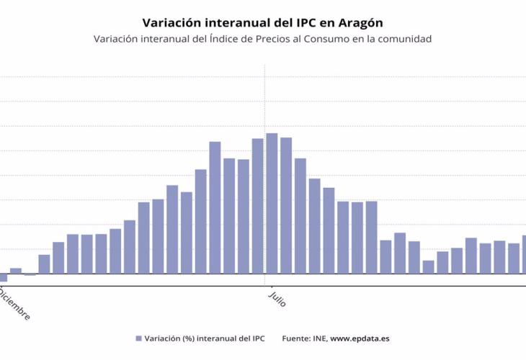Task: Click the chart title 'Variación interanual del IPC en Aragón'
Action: pyautogui.click(x=262, y=22)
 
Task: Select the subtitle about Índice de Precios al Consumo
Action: pyautogui.click(x=262, y=39)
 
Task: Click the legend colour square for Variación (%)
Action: pyautogui.click(x=138, y=338)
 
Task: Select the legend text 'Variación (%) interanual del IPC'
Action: pyautogui.click(x=205, y=338)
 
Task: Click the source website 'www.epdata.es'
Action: pyautogui.click(x=360, y=338)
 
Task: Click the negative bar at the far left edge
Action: pyautogui.click(x=2, y=277)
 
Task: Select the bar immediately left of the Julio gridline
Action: pyautogui.click(x=257, y=206)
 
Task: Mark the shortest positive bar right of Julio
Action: pyautogui.click(x=428, y=267)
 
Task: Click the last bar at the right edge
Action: pyautogui.click(x=524, y=254)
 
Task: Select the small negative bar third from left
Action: pyautogui.click(x=30, y=274)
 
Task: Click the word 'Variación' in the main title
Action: pyautogui.click(x=170, y=22)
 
